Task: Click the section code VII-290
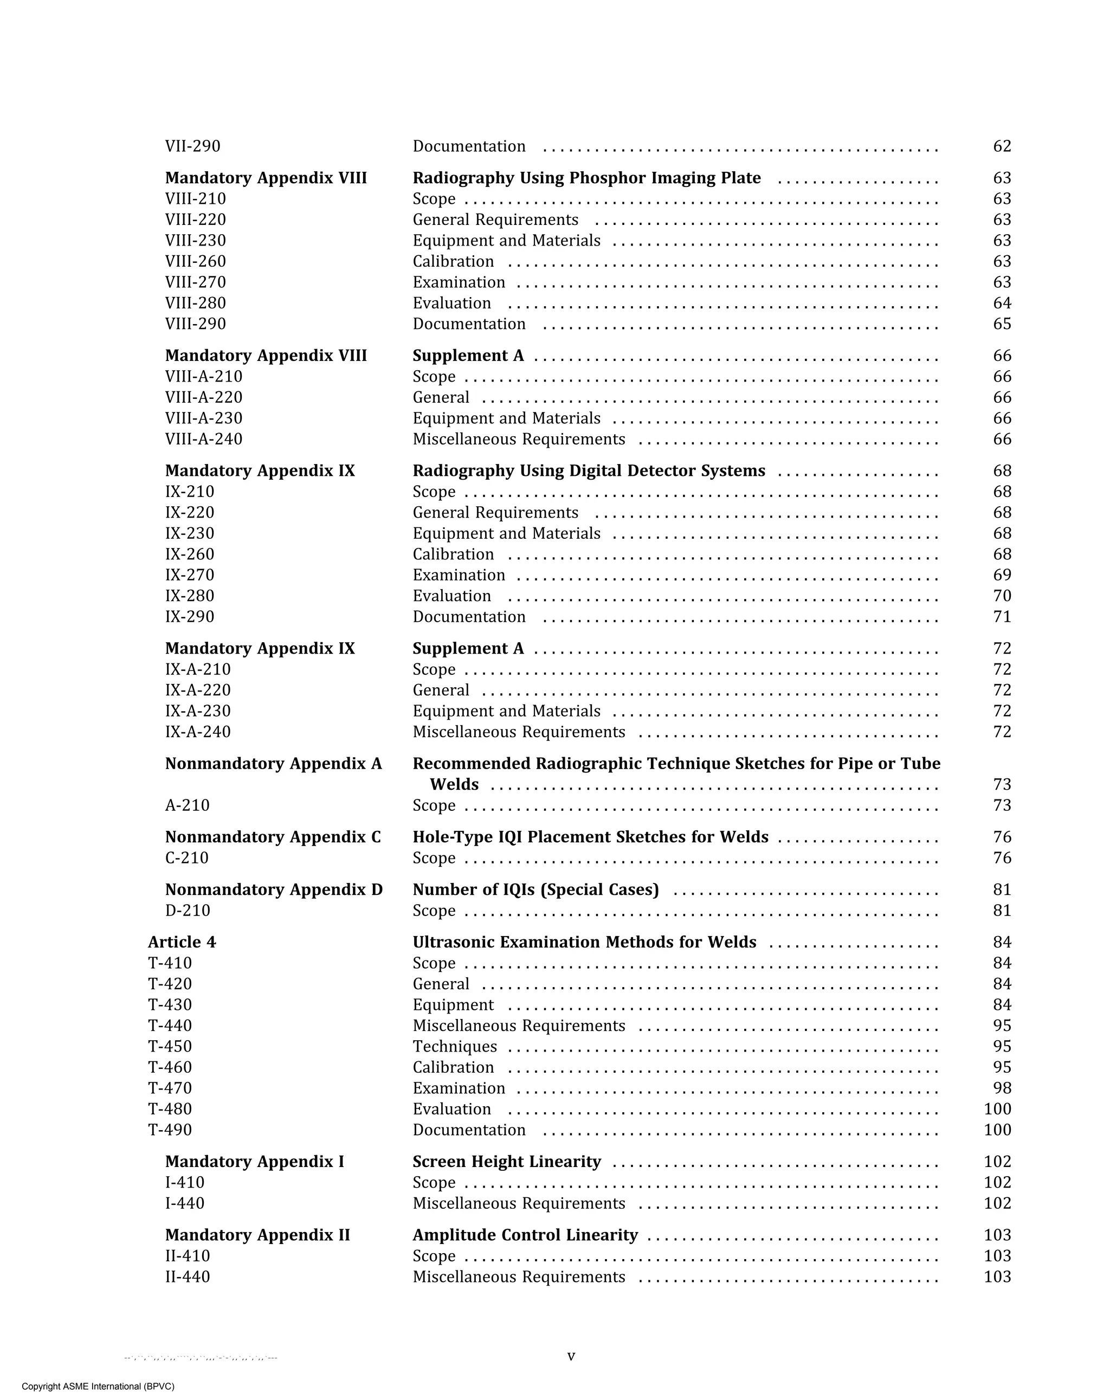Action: point(192,147)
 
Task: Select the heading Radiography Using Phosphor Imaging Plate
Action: point(586,178)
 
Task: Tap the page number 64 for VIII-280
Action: point(1002,304)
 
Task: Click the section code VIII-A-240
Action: point(204,440)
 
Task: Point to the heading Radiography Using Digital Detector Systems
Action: point(589,471)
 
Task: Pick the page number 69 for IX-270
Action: point(1002,576)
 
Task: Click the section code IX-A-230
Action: point(198,711)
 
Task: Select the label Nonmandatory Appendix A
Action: point(273,764)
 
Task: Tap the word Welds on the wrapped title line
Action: point(454,785)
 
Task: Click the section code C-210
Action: point(187,858)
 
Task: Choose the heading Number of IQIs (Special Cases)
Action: point(535,889)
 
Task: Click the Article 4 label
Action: point(182,943)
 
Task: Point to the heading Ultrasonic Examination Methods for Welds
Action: point(584,943)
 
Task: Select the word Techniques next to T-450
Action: point(455,1047)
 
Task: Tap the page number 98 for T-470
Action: point(1002,1089)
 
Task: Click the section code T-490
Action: point(170,1130)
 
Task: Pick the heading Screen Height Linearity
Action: point(507,1162)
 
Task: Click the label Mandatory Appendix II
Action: point(257,1235)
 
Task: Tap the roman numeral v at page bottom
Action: point(571,1356)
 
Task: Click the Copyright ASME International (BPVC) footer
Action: point(98,1386)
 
